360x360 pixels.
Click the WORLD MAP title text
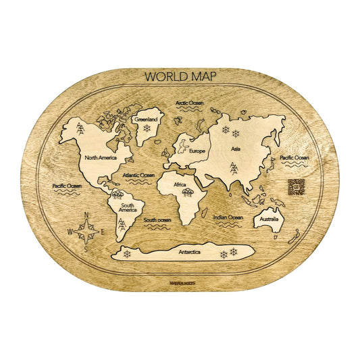[180, 76]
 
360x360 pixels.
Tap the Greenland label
[145, 119]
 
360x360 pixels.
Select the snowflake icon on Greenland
[146, 128]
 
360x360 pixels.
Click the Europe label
[197, 151]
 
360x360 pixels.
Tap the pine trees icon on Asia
[233, 167]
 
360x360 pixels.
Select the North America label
[101, 157]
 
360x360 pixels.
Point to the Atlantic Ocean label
[139, 175]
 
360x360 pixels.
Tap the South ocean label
[157, 220]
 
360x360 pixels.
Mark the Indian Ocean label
[228, 217]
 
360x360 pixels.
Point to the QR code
[297, 188]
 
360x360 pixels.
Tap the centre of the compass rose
[86, 232]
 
